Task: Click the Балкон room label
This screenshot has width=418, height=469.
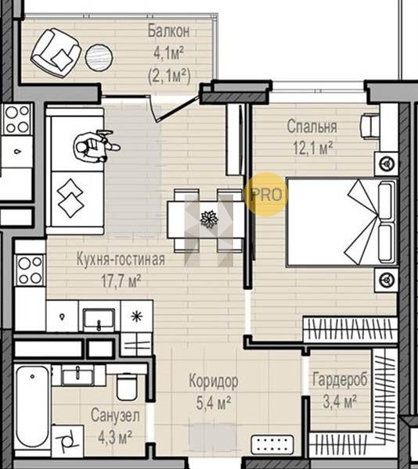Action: [168, 31]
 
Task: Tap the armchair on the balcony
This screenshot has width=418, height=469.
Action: [56, 53]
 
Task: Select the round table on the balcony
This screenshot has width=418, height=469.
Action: [99, 57]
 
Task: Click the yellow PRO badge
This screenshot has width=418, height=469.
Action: [266, 195]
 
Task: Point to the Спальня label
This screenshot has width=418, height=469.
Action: [312, 127]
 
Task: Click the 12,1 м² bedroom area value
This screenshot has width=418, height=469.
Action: [313, 148]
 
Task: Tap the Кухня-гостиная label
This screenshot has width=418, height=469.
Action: [121, 260]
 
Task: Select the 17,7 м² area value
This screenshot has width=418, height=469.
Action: [121, 281]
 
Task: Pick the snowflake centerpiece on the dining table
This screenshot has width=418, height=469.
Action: [209, 220]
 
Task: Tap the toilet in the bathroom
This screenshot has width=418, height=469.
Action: [127, 387]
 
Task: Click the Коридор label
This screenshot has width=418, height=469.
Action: [214, 381]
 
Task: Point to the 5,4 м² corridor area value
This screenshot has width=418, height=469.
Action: [213, 403]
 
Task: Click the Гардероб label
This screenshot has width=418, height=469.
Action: [340, 380]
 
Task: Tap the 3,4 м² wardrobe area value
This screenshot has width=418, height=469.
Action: [340, 402]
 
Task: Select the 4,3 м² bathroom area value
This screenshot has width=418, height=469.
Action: [115, 437]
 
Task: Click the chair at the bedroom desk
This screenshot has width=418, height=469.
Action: [369, 126]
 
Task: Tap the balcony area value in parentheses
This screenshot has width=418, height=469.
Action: [169, 76]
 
